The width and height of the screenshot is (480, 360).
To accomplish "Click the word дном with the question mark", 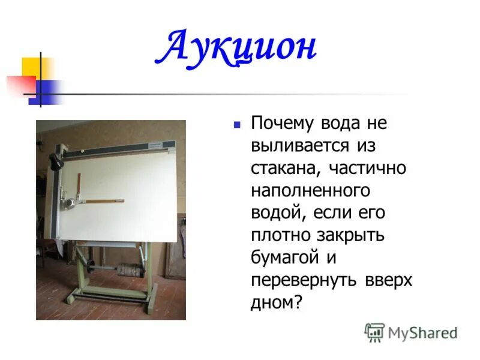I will [x=275, y=302].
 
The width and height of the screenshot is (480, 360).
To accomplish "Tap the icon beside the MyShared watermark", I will [x=374, y=332].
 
